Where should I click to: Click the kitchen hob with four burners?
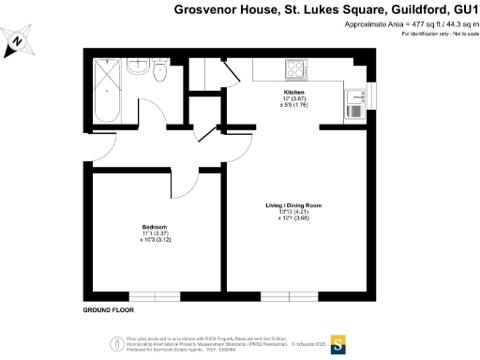point(296,69)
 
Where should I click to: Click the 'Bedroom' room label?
point(155,227)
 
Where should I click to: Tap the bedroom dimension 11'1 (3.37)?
point(155,233)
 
